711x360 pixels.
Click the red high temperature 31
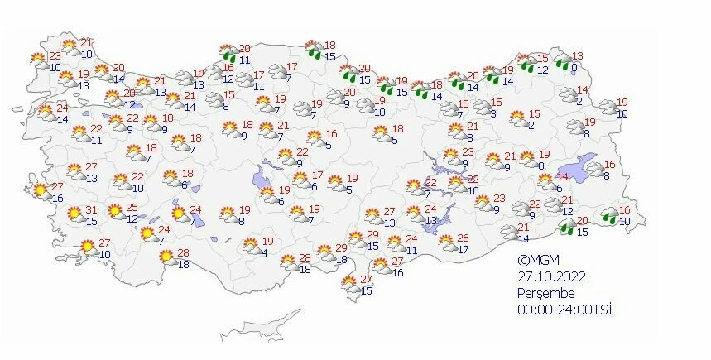91,209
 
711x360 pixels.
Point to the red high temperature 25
132,208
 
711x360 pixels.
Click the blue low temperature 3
492,113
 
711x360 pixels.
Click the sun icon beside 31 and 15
74,214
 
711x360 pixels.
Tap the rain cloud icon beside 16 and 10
608,217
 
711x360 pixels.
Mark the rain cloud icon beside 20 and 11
226,53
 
